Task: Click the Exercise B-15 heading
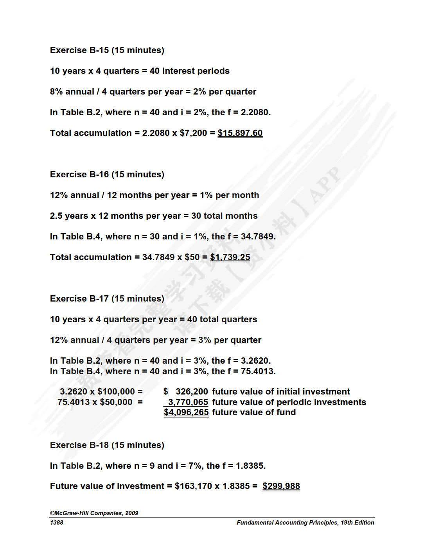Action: [107, 50]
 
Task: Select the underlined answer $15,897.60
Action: [240, 133]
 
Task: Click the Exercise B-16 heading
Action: [107, 175]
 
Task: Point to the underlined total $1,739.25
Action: [230, 257]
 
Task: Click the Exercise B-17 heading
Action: [107, 299]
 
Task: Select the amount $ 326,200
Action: [186, 392]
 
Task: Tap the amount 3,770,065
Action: [188, 402]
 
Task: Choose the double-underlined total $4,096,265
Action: [186, 412]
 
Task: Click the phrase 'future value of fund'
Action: [254, 412]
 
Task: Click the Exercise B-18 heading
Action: [107, 445]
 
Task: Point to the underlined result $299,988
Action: [281, 486]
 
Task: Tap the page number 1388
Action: [57, 523]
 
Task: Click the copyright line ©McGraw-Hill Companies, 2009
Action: [94, 513]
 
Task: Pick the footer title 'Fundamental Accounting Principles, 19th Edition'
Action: [305, 523]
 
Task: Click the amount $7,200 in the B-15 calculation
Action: [193, 133]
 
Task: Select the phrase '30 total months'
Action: [224, 216]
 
